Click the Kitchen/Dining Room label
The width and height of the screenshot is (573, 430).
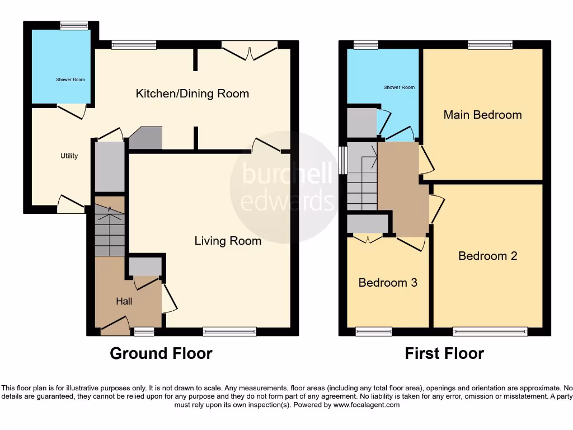192,94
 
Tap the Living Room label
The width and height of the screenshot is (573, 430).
228,241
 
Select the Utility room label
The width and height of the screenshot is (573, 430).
69,156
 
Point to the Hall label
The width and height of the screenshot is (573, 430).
124,301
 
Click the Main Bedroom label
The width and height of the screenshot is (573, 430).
482,115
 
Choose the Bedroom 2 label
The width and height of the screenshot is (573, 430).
487,256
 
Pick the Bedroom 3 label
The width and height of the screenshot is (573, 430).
388,283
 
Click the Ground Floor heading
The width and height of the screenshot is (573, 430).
161,353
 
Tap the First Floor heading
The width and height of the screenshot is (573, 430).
444,353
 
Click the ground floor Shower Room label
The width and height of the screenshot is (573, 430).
71,80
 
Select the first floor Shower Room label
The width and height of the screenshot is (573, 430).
399,87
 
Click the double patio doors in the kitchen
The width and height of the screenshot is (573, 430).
250,51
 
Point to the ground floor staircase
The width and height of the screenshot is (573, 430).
109,230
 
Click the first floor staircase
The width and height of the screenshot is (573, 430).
362,176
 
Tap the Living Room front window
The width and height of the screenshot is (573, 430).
229,331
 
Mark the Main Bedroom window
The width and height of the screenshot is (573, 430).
490,45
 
